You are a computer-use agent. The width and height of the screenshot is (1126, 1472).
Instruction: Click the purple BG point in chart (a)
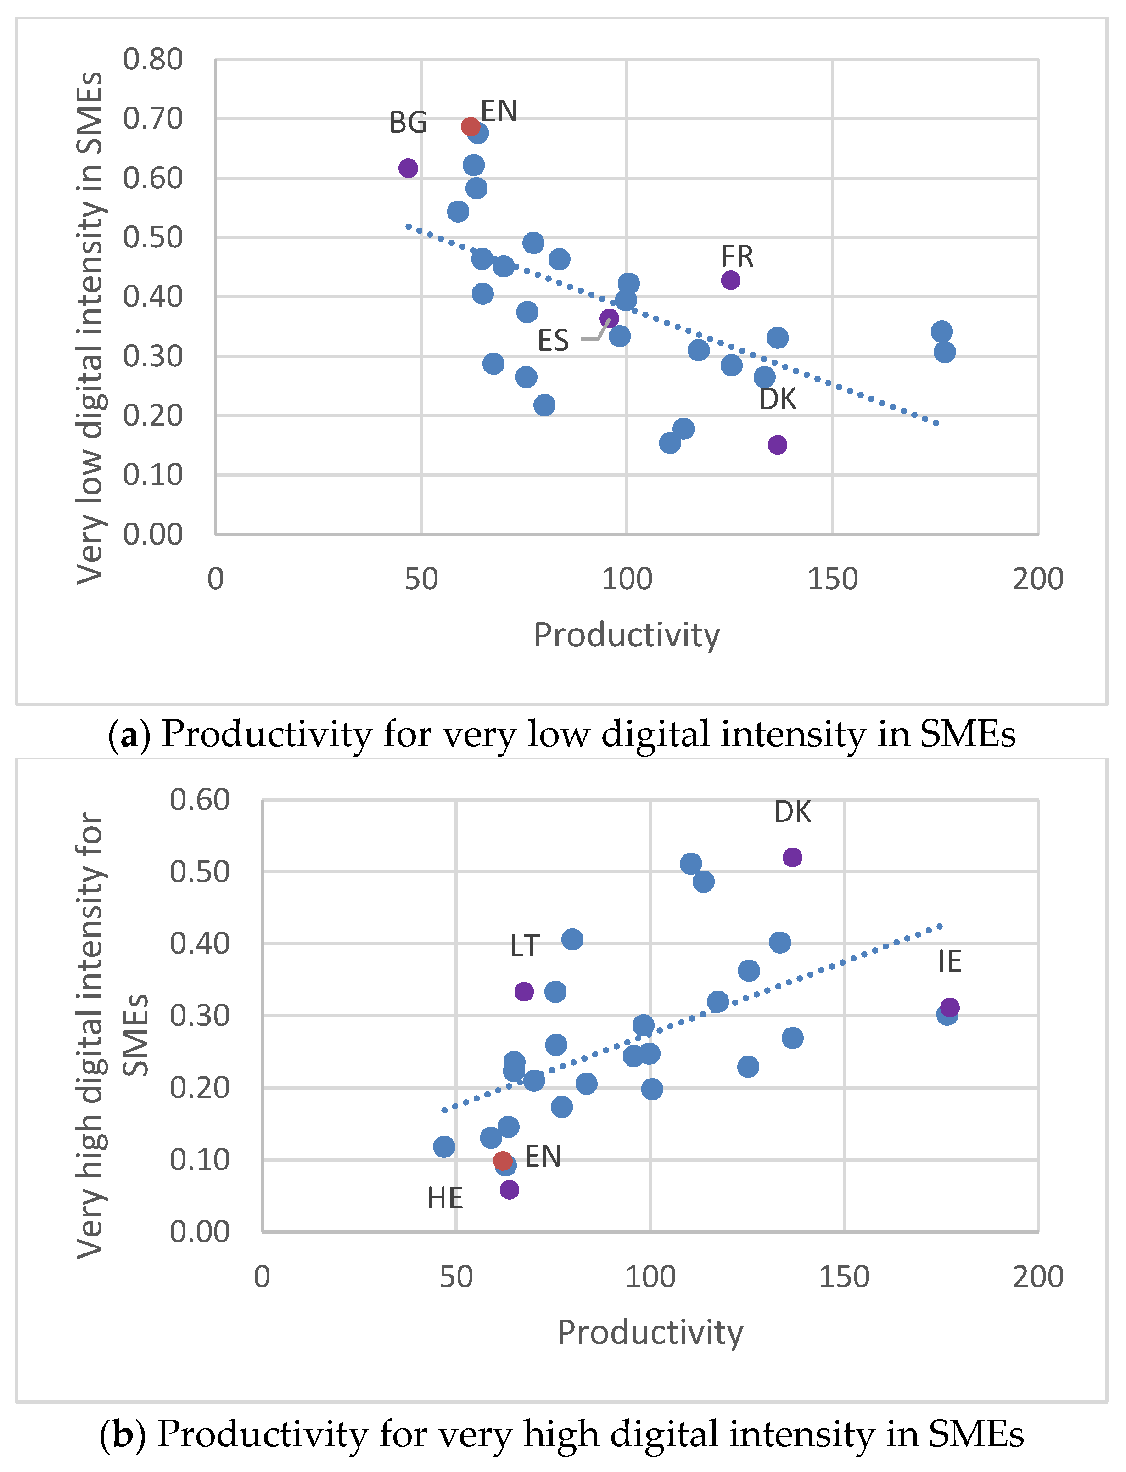pos(408,168)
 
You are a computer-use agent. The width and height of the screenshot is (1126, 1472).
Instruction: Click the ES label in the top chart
pos(553,341)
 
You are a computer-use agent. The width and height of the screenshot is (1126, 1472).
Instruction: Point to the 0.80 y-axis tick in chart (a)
pos(153,60)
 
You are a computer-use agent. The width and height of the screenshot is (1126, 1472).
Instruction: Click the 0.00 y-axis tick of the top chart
pos(153,534)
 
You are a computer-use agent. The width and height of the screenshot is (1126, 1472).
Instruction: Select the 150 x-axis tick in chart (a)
pos(832,579)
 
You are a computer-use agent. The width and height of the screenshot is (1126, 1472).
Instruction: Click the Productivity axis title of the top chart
pos(627,635)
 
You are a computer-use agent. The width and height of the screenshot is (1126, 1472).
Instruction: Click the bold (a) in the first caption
pos(129,734)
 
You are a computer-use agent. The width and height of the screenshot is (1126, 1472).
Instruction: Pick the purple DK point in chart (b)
pos(792,857)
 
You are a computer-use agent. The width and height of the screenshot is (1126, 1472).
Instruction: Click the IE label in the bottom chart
pos(950,962)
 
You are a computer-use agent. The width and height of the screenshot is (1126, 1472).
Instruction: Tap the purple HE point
pos(510,1190)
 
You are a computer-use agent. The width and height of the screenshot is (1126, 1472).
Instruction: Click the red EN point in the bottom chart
pos(503,1160)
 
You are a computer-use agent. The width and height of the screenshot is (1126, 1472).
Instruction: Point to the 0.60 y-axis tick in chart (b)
pos(200,800)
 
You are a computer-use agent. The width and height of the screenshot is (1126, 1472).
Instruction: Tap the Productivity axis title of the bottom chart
pos(650,1332)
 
